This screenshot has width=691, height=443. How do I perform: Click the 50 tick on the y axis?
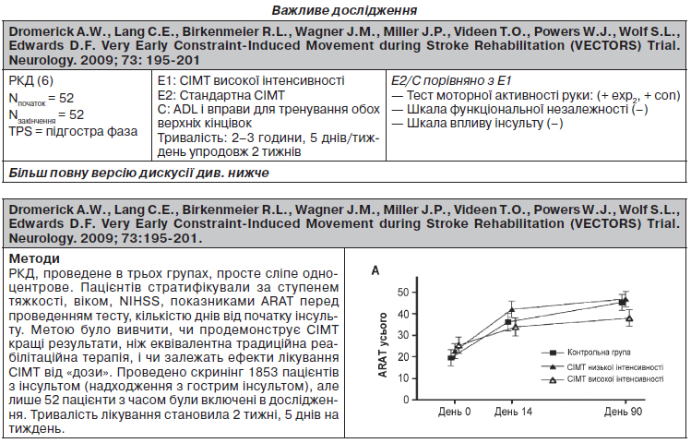click(403, 293)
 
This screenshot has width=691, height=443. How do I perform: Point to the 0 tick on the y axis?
click(406, 400)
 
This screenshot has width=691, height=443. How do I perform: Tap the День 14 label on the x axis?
click(513, 412)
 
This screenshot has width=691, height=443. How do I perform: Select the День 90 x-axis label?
click(623, 412)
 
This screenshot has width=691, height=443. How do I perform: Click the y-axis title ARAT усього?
click(383, 344)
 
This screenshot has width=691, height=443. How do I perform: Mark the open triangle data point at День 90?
click(630, 317)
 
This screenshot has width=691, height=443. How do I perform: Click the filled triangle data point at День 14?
click(512, 309)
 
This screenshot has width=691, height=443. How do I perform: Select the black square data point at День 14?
click(508, 322)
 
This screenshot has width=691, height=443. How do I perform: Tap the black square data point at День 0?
click(451, 358)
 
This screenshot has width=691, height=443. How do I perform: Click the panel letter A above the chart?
click(375, 270)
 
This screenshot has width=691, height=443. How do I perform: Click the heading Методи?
click(34, 258)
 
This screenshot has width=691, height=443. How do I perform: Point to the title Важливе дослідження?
click(344, 10)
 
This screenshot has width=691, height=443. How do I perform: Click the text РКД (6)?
click(30, 80)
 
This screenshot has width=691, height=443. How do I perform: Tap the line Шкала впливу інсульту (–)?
click(477, 123)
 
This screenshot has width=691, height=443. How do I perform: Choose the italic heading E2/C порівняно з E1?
click(451, 80)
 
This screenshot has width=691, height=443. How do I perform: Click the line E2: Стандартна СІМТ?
click(221, 95)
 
